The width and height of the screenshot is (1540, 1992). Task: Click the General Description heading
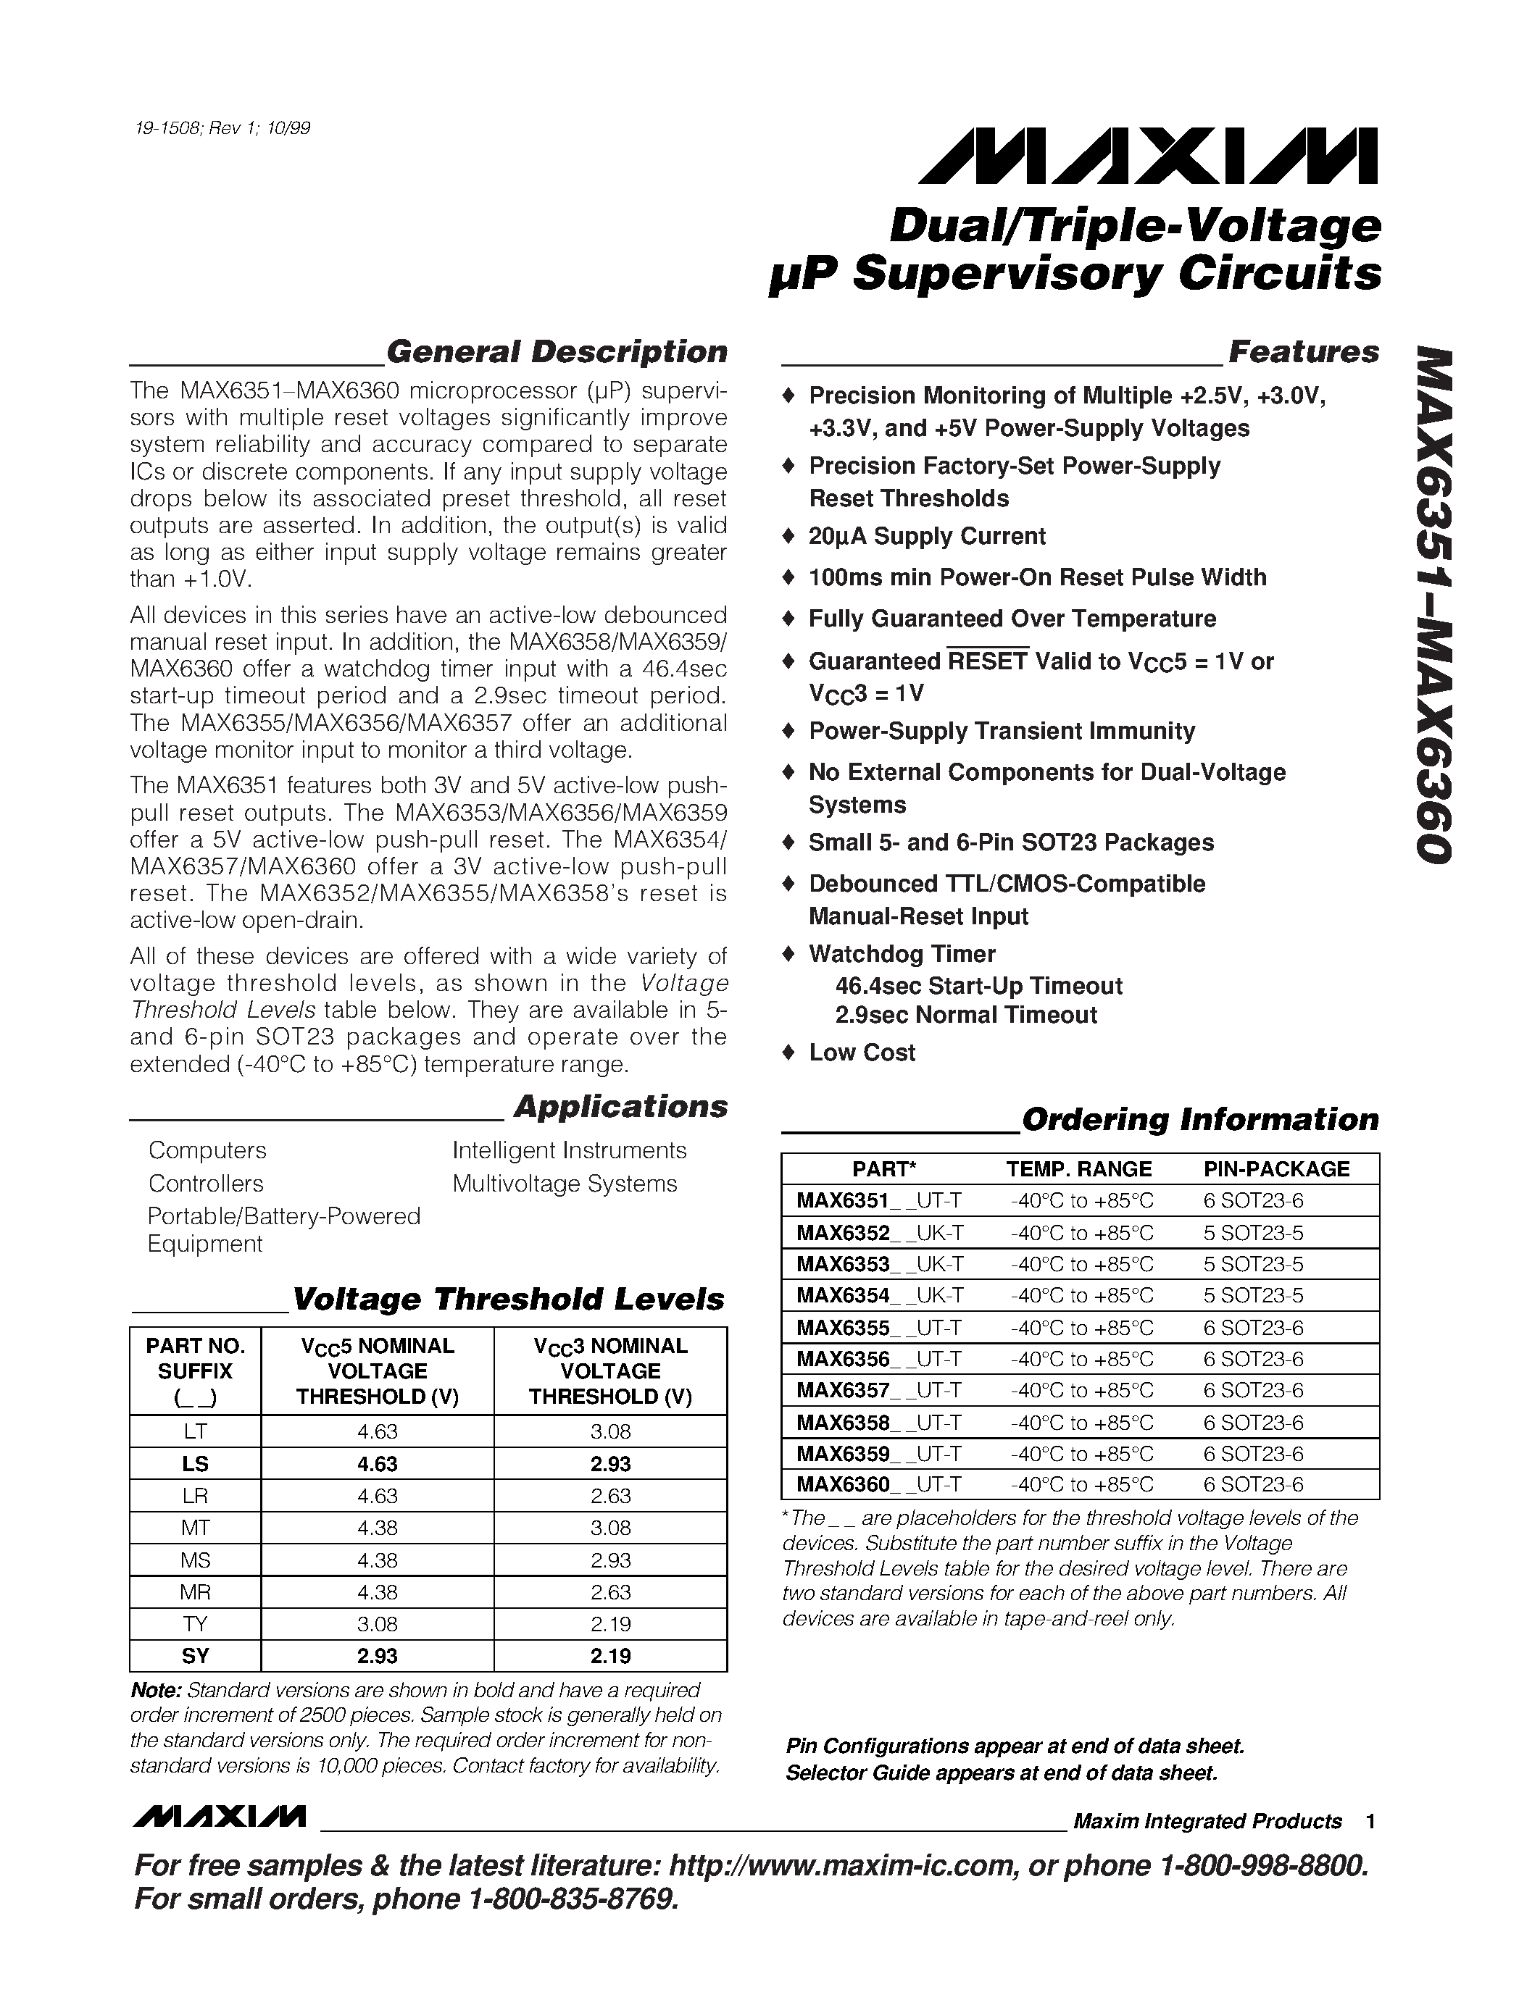click(x=557, y=352)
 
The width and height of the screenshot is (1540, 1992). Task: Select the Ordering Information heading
click(x=1199, y=1119)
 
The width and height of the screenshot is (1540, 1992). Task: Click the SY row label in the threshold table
click(x=195, y=1655)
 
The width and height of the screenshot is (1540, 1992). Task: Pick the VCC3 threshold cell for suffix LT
click(x=610, y=1431)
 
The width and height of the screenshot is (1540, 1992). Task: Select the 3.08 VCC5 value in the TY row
click(x=377, y=1623)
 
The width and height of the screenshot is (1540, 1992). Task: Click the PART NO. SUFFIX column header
click(x=195, y=1371)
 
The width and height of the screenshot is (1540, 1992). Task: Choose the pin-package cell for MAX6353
click(x=1252, y=1264)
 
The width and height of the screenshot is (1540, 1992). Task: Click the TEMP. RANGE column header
click(x=1078, y=1169)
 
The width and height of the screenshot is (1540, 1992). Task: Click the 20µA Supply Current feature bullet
click(x=926, y=536)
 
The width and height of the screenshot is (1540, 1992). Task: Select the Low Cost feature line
click(x=861, y=1053)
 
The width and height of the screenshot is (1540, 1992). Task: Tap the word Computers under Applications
click(x=207, y=1150)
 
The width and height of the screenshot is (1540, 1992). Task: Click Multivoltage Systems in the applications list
click(x=565, y=1184)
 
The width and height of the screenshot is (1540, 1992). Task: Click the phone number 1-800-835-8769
click(x=573, y=1899)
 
